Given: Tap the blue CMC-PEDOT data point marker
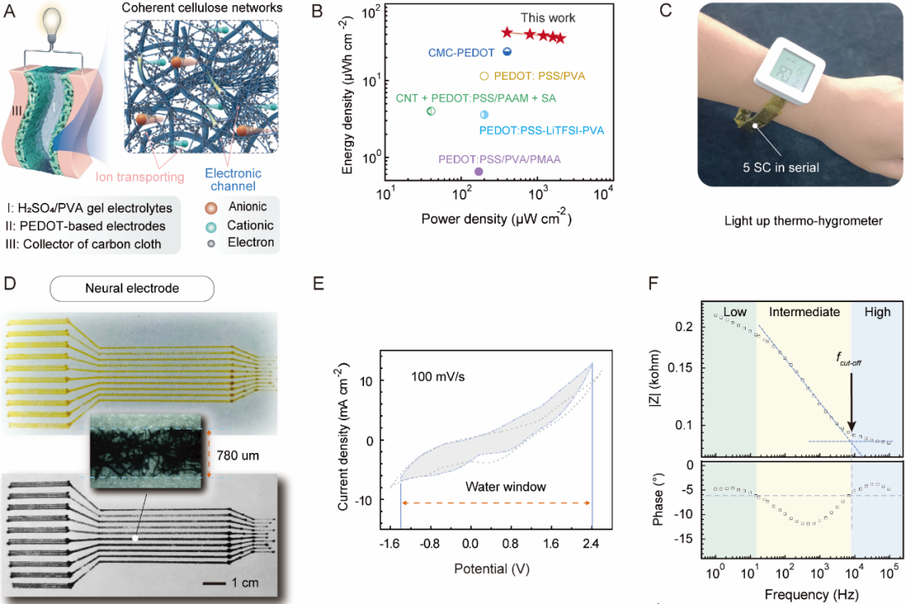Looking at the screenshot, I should tap(507, 52).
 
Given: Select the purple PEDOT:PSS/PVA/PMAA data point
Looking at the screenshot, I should tap(478, 171).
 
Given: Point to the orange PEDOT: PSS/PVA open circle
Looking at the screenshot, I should tap(484, 76).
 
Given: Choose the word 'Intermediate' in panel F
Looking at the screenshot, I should tap(804, 311).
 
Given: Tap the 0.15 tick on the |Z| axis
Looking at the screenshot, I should tap(687, 367).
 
